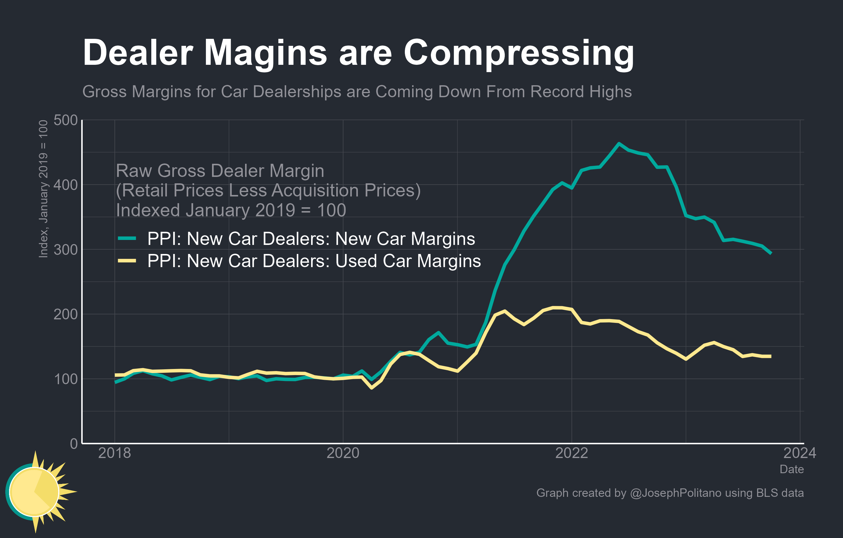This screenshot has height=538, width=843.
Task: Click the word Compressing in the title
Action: (x=518, y=53)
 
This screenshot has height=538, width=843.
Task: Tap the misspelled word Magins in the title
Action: (x=265, y=53)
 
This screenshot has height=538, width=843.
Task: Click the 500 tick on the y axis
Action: (x=65, y=120)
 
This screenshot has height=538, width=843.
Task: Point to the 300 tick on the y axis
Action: (x=65, y=250)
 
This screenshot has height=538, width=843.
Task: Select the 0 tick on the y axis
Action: (x=74, y=443)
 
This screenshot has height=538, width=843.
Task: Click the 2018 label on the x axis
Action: (x=115, y=453)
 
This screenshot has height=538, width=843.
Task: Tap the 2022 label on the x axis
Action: (x=571, y=453)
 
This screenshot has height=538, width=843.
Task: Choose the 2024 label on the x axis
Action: (x=799, y=453)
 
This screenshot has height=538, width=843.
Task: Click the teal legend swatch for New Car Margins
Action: (x=127, y=238)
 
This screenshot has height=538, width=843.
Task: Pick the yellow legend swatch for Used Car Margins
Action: (x=127, y=261)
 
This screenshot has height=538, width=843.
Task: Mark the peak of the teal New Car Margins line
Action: (x=619, y=143)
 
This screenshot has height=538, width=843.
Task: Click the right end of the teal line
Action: (x=771, y=253)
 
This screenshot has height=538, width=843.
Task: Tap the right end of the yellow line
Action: (x=771, y=356)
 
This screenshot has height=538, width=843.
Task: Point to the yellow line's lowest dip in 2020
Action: (x=372, y=388)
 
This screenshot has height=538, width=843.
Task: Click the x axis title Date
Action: (x=792, y=469)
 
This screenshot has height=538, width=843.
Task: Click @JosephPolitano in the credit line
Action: (x=676, y=493)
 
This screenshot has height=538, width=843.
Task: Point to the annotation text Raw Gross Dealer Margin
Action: (x=220, y=171)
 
